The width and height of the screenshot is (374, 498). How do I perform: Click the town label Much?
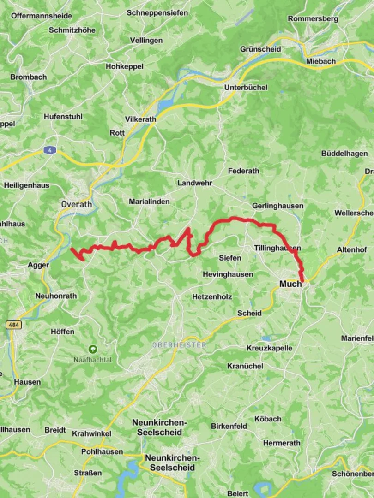pos(290,284)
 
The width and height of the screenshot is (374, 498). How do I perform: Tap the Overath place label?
pos(77,204)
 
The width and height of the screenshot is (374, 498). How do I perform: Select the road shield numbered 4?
pos(49,150)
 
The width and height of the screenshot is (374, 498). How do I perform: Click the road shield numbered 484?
pos(13,325)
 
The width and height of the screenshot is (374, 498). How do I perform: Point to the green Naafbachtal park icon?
pos(93,350)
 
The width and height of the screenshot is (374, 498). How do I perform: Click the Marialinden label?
pos(149,202)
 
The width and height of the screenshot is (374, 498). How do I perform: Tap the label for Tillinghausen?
pos(277,248)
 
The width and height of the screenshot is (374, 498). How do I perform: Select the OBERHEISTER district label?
pos(179,345)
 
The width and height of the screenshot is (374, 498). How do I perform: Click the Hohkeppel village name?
pos(124,66)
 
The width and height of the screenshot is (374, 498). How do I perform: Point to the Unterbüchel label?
pos(243,88)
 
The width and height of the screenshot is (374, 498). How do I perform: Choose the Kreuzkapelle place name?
pos(269,348)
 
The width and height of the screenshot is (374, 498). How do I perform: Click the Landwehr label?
pos(195,183)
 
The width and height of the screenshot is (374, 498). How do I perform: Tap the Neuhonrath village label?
pos(56,296)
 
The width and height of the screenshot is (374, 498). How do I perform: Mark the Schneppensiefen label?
pos(157,13)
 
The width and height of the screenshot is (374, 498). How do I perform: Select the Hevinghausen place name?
pos(228,274)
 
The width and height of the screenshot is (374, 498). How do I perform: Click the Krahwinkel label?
pos(91,434)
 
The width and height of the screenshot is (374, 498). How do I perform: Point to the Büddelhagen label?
pos(344,154)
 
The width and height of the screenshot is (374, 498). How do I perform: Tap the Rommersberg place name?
pos(313,19)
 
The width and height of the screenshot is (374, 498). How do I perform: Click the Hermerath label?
pos(281,443)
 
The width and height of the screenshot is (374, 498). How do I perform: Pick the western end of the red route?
pos(72,249)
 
